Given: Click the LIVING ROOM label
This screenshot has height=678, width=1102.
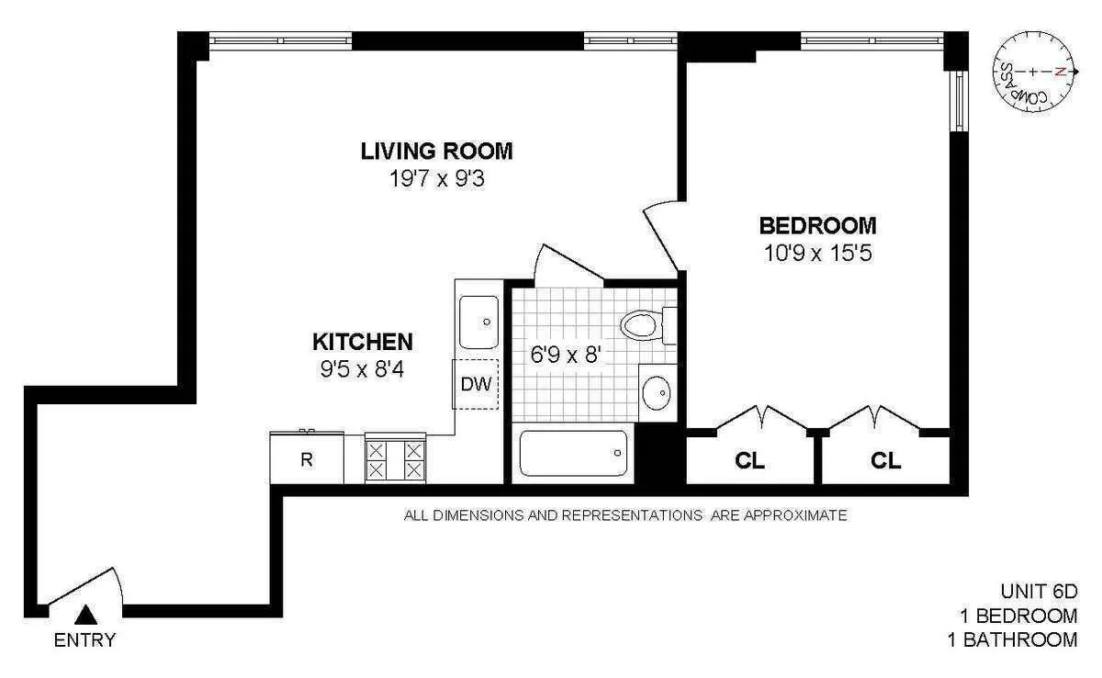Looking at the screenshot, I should click(x=436, y=151).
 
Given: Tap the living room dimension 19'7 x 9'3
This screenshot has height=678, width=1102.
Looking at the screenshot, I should click(x=436, y=178).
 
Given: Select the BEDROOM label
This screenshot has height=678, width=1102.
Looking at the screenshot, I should click(x=817, y=225).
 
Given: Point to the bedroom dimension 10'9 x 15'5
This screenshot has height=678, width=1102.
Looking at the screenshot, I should click(x=817, y=253).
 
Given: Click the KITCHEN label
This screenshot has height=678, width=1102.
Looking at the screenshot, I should click(x=363, y=343).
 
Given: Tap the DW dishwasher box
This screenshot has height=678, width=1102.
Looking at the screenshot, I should click(x=476, y=384).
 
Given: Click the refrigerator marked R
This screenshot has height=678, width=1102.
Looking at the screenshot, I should click(x=307, y=459).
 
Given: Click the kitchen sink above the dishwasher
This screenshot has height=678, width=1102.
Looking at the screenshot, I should click(x=478, y=322).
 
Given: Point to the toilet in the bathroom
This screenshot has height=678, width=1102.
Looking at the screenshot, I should click(x=645, y=325).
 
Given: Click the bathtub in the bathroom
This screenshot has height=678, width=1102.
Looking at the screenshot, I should click(x=573, y=454).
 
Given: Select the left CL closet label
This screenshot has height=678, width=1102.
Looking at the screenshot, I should click(x=750, y=461).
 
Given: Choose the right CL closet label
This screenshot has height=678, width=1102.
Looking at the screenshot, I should click(x=885, y=461).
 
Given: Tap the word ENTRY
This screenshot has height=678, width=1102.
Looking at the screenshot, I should click(x=85, y=640).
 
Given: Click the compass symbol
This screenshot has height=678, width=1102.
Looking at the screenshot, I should click(x=1034, y=72).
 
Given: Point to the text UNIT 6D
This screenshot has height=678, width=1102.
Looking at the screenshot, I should click(x=1038, y=591).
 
